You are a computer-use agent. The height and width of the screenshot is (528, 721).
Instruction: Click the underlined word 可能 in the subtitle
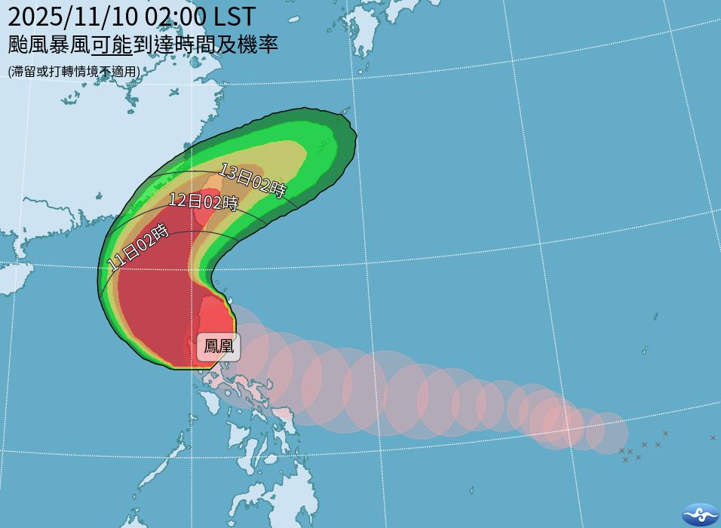click(112, 45)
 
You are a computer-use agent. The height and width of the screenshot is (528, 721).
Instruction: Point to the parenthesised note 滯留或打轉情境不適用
click(74, 72)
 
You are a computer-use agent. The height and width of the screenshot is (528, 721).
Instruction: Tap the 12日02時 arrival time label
click(203, 201)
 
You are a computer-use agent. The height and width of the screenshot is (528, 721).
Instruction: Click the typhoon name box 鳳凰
click(219, 346)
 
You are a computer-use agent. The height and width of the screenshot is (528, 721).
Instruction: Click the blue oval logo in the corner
click(700, 514)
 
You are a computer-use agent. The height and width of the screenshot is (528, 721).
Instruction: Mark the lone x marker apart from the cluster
click(713, 437)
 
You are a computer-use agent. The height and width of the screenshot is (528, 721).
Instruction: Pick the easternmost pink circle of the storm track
click(607, 433)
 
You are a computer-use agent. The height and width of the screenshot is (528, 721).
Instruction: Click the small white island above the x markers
click(646, 351)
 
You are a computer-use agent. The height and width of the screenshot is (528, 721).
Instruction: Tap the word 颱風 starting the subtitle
click(28, 45)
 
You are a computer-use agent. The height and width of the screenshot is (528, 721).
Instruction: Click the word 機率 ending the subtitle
click(260, 45)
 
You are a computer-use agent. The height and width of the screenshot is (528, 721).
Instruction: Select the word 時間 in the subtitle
click(197, 45)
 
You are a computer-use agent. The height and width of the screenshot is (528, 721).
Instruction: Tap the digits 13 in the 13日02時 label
click(225, 170)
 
